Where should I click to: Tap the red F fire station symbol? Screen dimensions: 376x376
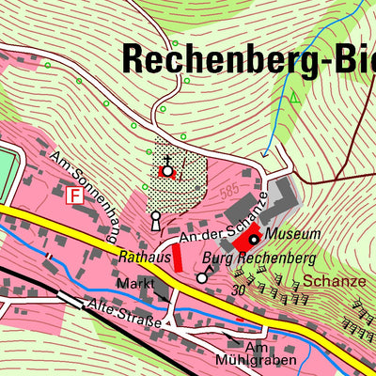pyautogui.click(x=73, y=196)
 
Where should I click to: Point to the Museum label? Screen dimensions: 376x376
pyautogui.click(x=292, y=232)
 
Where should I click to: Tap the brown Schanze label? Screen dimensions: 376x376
pyautogui.click(x=326, y=280)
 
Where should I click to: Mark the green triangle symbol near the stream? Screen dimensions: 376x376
pyautogui.click(x=293, y=96)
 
